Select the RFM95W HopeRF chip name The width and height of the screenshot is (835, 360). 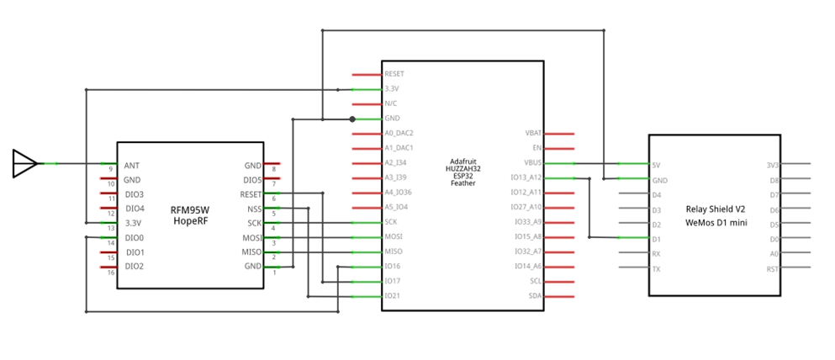tap(190, 216)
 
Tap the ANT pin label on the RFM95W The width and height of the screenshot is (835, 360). tap(131, 166)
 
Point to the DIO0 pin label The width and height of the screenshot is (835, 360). tap(134, 238)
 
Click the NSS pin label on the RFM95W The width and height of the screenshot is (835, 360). tap(254, 209)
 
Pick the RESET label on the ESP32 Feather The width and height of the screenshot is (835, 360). tap(394, 75)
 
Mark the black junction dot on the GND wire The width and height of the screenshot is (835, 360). tap(352, 119)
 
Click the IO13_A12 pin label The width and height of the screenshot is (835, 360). tap(526, 177)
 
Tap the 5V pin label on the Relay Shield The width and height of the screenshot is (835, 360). tap(656, 165)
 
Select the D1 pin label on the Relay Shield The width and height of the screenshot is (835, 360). tap(656, 239)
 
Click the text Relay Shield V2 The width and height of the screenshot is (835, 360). tap(715, 209)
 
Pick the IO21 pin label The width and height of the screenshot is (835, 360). tap(392, 296)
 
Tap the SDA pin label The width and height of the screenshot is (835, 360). tap(535, 296)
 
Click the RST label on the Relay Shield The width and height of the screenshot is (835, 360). tap(772, 268)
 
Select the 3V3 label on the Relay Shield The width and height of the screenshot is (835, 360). tap(772, 165)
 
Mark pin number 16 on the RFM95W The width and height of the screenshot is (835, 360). tap(110, 273)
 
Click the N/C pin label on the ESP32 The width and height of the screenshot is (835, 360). tap(390, 103)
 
